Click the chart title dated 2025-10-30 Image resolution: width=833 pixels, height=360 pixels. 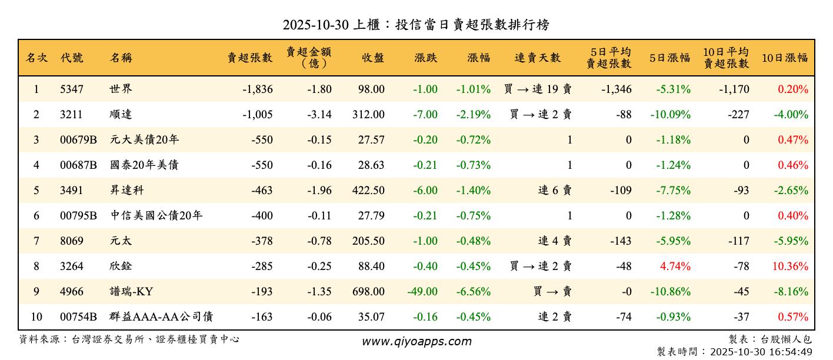tap(416, 25)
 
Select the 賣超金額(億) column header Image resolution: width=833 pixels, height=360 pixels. tap(309, 58)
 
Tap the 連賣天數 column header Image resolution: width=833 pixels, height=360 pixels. tap(538, 58)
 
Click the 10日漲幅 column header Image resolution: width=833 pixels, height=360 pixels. tap(785, 58)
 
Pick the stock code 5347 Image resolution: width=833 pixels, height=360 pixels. tap(72, 89)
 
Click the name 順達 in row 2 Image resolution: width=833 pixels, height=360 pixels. tap(121, 115)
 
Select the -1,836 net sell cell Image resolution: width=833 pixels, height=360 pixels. tap(257, 89)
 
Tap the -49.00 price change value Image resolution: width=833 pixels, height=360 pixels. tap(422, 292)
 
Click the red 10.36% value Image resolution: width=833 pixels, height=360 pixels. tap(790, 266)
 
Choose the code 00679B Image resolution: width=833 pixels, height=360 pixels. tap(78, 140)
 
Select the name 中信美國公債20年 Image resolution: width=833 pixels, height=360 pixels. tap(156, 216)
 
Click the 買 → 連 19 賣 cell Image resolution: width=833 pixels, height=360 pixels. tap(538, 89)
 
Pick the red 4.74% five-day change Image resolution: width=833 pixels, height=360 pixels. tap(675, 266)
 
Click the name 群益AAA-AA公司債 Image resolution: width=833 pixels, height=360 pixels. tap(161, 317)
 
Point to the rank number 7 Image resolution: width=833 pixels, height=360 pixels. tap(36, 241)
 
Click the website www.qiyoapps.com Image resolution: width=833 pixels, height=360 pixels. tap(416, 342)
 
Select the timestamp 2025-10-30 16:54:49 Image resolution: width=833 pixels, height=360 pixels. tap(761, 352)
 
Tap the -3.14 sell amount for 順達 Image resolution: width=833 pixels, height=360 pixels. tap(319, 115)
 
